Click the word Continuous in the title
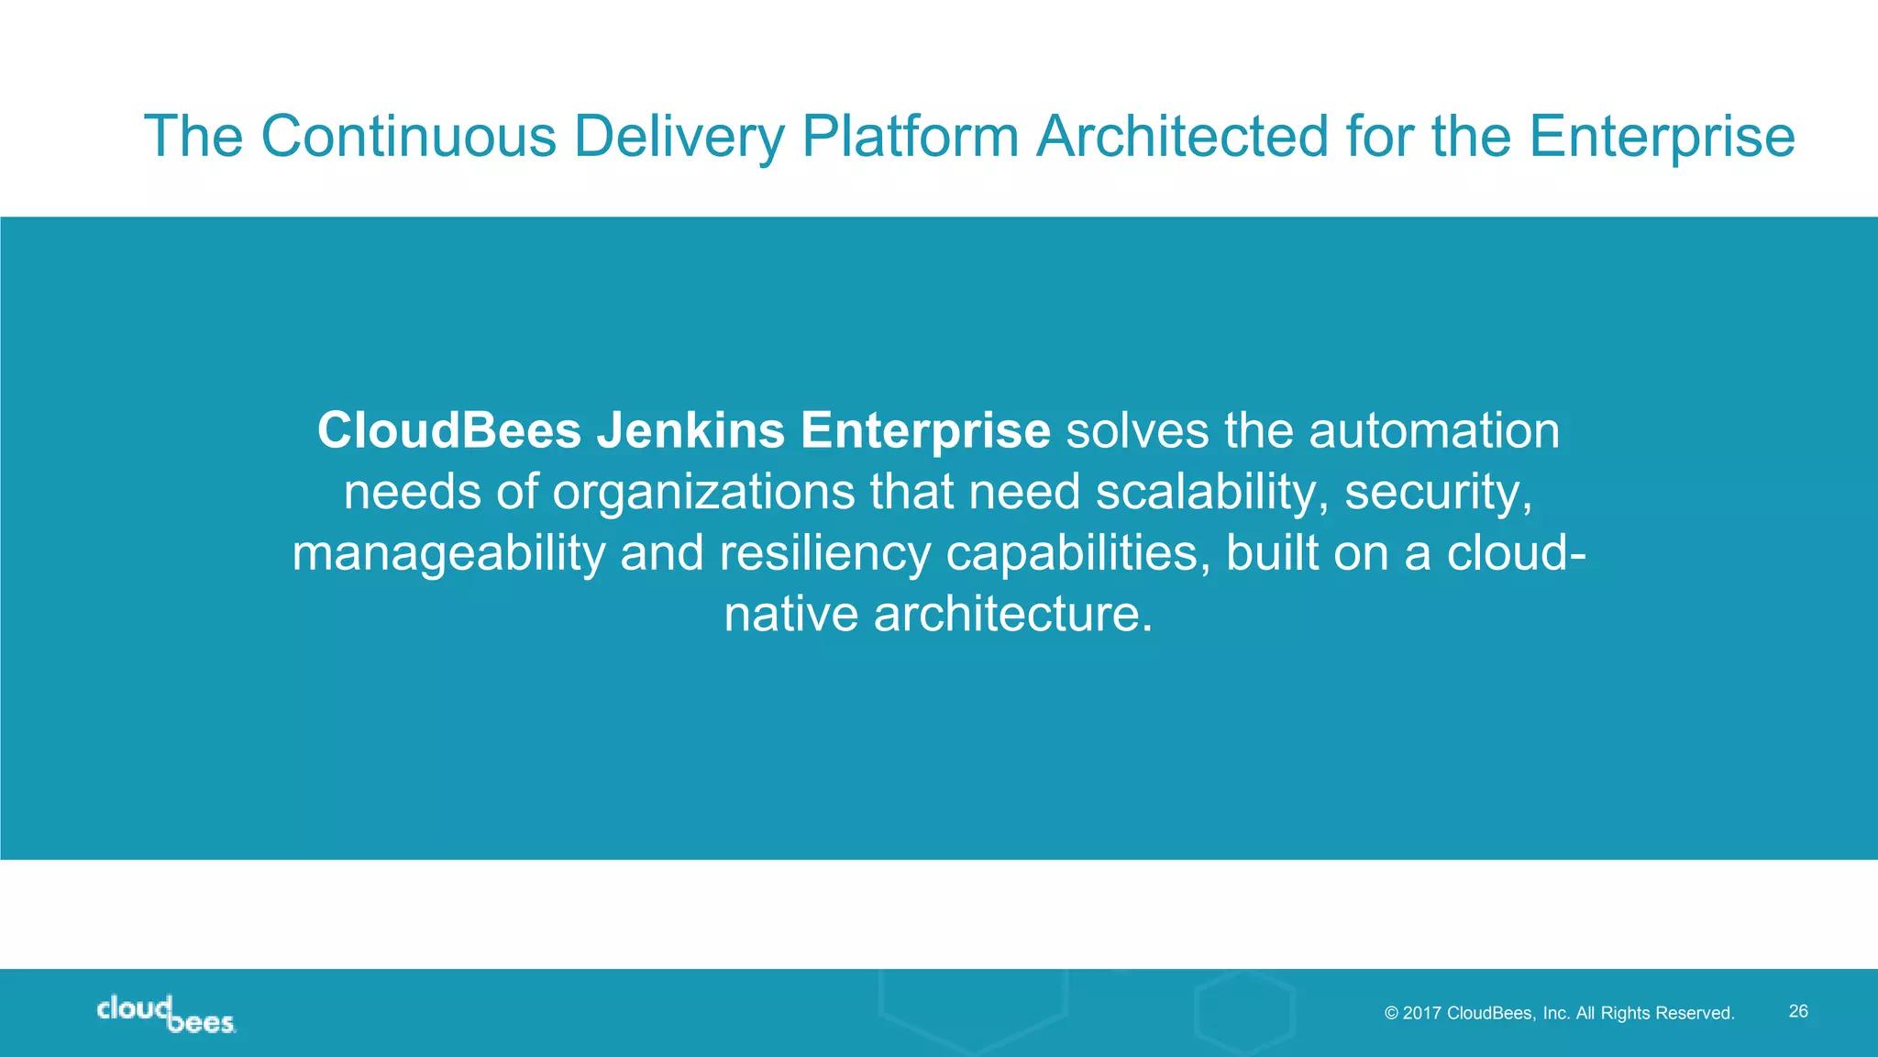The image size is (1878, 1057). click(x=409, y=136)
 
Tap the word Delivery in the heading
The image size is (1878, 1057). click(x=679, y=136)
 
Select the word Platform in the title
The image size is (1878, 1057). click(x=911, y=136)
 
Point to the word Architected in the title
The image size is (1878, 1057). click(x=1183, y=136)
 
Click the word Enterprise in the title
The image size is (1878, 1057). click(x=1662, y=136)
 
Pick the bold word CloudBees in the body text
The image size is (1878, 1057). click(x=449, y=430)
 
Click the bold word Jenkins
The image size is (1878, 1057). click(x=690, y=430)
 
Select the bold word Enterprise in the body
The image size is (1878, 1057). click(x=924, y=430)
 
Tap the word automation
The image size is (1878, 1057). click(x=1434, y=430)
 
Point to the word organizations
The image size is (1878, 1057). click(x=703, y=492)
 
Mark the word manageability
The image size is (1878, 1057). click(x=448, y=553)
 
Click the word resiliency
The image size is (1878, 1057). click(x=824, y=553)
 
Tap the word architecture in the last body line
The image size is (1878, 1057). click(x=1012, y=614)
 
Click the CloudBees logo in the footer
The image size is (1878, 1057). click(x=166, y=1014)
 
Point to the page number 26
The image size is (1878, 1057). click(x=1798, y=1011)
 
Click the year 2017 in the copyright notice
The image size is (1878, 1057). click(x=1422, y=1013)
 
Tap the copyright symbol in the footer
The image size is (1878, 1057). click(x=1391, y=1013)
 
